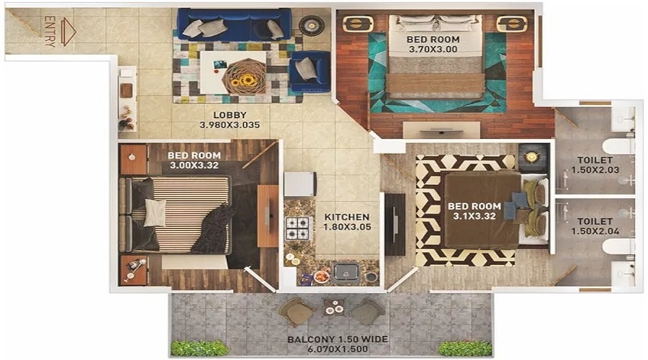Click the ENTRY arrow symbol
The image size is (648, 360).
pos(68,32)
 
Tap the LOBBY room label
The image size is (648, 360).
pos(230,115)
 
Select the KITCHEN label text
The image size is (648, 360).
pos(347,217)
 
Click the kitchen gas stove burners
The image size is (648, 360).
pos(297,228)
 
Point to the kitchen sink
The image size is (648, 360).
pos(346,272)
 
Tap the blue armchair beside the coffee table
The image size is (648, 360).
pos(310,72)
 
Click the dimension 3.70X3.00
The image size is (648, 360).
pos(433,50)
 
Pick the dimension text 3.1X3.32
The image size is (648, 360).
pos(474,216)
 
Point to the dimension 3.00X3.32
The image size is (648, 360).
pos(194,166)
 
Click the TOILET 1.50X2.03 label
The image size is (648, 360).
pos(595,165)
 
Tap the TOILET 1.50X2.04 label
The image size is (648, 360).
pos(595,227)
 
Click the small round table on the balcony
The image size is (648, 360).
pos(334,307)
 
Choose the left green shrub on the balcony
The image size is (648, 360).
pos(199,348)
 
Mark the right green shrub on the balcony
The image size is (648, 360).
pos(465,348)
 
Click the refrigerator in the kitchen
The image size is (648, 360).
pos(300,184)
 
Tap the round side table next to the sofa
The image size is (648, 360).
pos(311,25)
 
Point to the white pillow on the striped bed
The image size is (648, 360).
pos(155,212)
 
